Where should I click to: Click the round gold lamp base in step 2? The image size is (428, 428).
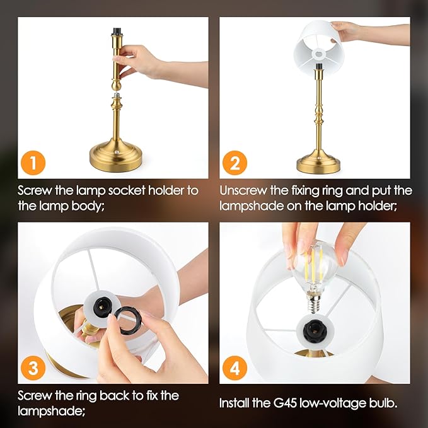coord(318,163)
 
